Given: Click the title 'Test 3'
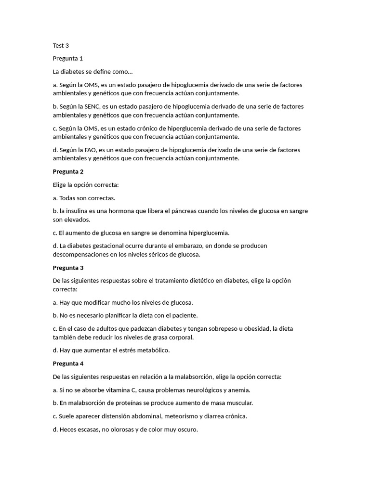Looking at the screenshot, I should (x=61, y=46).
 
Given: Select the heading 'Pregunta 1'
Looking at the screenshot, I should (x=68, y=59).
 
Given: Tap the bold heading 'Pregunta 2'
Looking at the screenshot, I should (x=68, y=171).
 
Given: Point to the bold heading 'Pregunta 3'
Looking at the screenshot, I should (x=68, y=268).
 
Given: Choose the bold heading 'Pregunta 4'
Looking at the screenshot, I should (x=68, y=363).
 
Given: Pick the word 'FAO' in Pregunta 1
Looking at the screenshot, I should (x=91, y=150).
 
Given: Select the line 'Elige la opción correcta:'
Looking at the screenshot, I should (x=85, y=184).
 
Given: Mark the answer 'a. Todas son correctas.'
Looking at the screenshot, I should (x=84, y=198).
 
